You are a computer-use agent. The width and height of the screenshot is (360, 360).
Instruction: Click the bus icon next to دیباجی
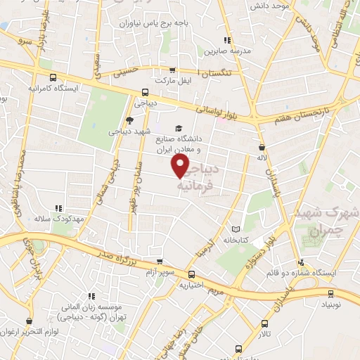145,91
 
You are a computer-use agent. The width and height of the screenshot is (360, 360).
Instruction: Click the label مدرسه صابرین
227,51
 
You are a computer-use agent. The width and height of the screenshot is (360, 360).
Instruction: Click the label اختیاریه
192,285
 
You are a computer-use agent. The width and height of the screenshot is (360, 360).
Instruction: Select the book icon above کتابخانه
236,229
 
